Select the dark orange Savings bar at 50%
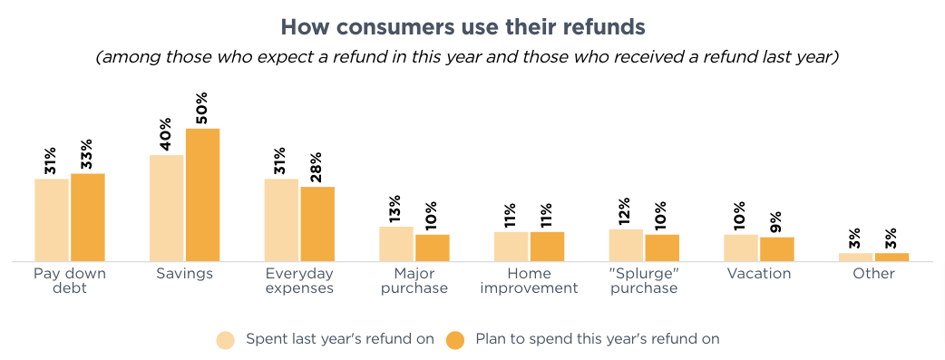pos(203,195)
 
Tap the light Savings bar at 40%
pos(167,208)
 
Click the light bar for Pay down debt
pos(52,219)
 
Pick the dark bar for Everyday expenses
pos(317,224)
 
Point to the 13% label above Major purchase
pos(395,209)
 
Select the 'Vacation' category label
pos(759,273)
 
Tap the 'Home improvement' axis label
pos(529,280)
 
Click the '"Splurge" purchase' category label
pos(644,280)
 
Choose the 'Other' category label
pos(873,273)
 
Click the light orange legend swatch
pos(226,340)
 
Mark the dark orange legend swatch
pos(456,340)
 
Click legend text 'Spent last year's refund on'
pos(340,339)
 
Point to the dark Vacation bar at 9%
pos(777,249)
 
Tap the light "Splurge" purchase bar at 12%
pos(626,245)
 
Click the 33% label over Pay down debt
pos(87,155)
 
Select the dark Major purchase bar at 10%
pos(433,248)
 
